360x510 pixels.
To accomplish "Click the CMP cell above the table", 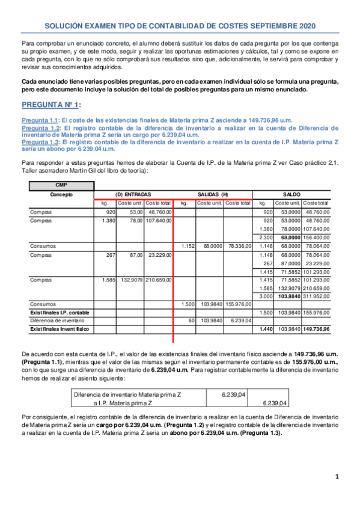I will [x=62, y=185].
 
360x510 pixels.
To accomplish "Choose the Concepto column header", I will [x=62, y=194].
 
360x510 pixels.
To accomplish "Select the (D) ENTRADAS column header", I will [x=133, y=194].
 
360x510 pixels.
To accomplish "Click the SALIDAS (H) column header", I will [x=213, y=194].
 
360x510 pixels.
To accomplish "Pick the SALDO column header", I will [x=291, y=194].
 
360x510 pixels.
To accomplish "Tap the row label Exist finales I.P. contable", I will [x=59, y=313].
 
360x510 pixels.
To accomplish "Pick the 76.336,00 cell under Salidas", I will [x=238, y=246].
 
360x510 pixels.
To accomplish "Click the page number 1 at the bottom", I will [x=337, y=477].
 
